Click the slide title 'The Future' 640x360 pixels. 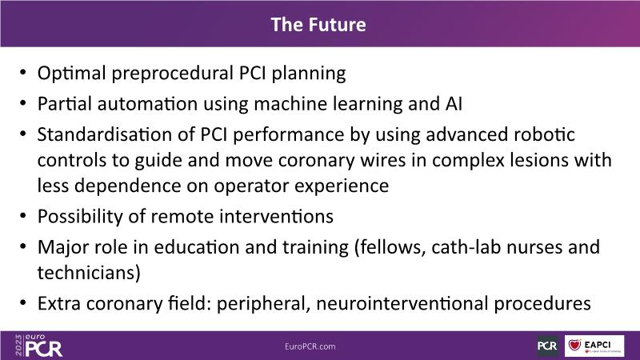pyautogui.click(x=318, y=25)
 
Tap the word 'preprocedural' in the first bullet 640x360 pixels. pyautogui.click(x=172, y=74)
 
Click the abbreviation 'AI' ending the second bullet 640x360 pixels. pyautogui.click(x=454, y=104)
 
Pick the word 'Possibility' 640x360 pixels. pyautogui.click(x=80, y=217)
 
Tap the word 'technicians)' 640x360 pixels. pyautogui.click(x=89, y=273)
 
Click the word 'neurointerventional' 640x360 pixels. pyautogui.click(x=402, y=304)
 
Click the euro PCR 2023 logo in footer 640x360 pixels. pyautogui.click(x=38, y=346)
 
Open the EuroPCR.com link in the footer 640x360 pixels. pyautogui.click(x=310, y=346)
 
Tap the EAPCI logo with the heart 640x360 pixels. pyautogui.click(x=594, y=346)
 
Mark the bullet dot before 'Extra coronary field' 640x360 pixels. pyautogui.click(x=23, y=303)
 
